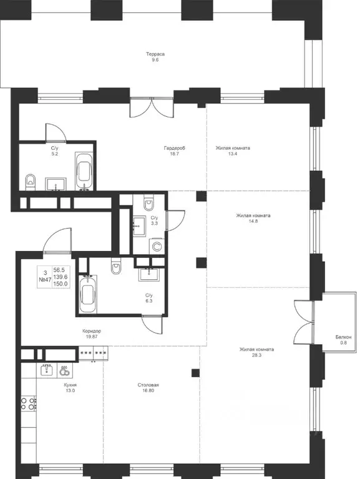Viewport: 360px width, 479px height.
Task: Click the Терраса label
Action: tap(155, 54)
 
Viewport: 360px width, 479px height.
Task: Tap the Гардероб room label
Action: tap(175, 148)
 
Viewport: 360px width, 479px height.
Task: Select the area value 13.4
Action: tap(233, 154)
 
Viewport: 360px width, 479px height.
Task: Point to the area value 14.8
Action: tap(253, 222)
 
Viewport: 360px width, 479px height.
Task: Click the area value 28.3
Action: tap(256, 355)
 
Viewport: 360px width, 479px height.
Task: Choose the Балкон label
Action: tap(344, 337)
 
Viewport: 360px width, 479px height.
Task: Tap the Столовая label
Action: tap(148, 385)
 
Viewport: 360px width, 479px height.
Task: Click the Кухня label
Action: tap(70, 385)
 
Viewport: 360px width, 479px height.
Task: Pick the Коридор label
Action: tap(92, 331)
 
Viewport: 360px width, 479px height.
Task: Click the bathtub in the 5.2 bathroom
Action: tap(84, 172)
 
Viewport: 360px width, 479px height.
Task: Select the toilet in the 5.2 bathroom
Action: tap(30, 182)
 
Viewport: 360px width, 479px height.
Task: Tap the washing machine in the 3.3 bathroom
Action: tap(157, 246)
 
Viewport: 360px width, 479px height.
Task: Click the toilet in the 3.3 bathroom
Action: tap(149, 202)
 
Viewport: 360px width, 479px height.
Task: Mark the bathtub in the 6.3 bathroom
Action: tap(87, 294)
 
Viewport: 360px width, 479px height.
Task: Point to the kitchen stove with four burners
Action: tap(28, 403)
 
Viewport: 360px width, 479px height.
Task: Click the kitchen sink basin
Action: tap(47, 370)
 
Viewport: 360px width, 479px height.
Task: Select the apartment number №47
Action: tap(45, 280)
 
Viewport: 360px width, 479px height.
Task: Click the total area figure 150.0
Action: tap(61, 284)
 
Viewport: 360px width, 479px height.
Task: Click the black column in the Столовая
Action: tap(195, 373)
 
